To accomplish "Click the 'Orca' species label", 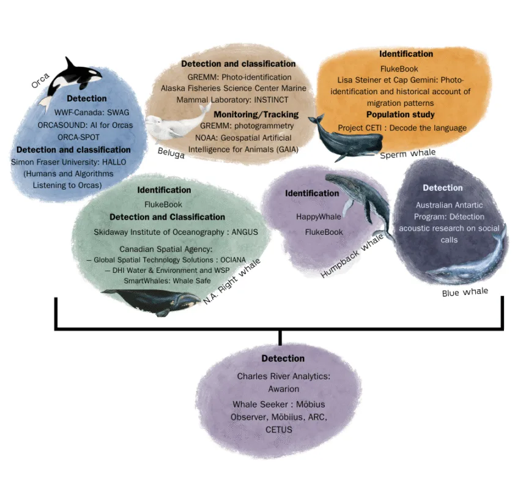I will [40, 79].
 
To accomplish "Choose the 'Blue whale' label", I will [465, 292].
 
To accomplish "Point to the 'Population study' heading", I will [401, 114].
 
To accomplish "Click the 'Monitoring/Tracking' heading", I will [256, 114].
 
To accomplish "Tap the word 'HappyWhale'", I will [319, 217].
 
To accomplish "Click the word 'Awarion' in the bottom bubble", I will [283, 388].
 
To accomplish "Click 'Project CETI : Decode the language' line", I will [402, 128].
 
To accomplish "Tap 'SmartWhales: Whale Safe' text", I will [167, 280].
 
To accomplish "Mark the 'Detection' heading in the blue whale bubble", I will [443, 188].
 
